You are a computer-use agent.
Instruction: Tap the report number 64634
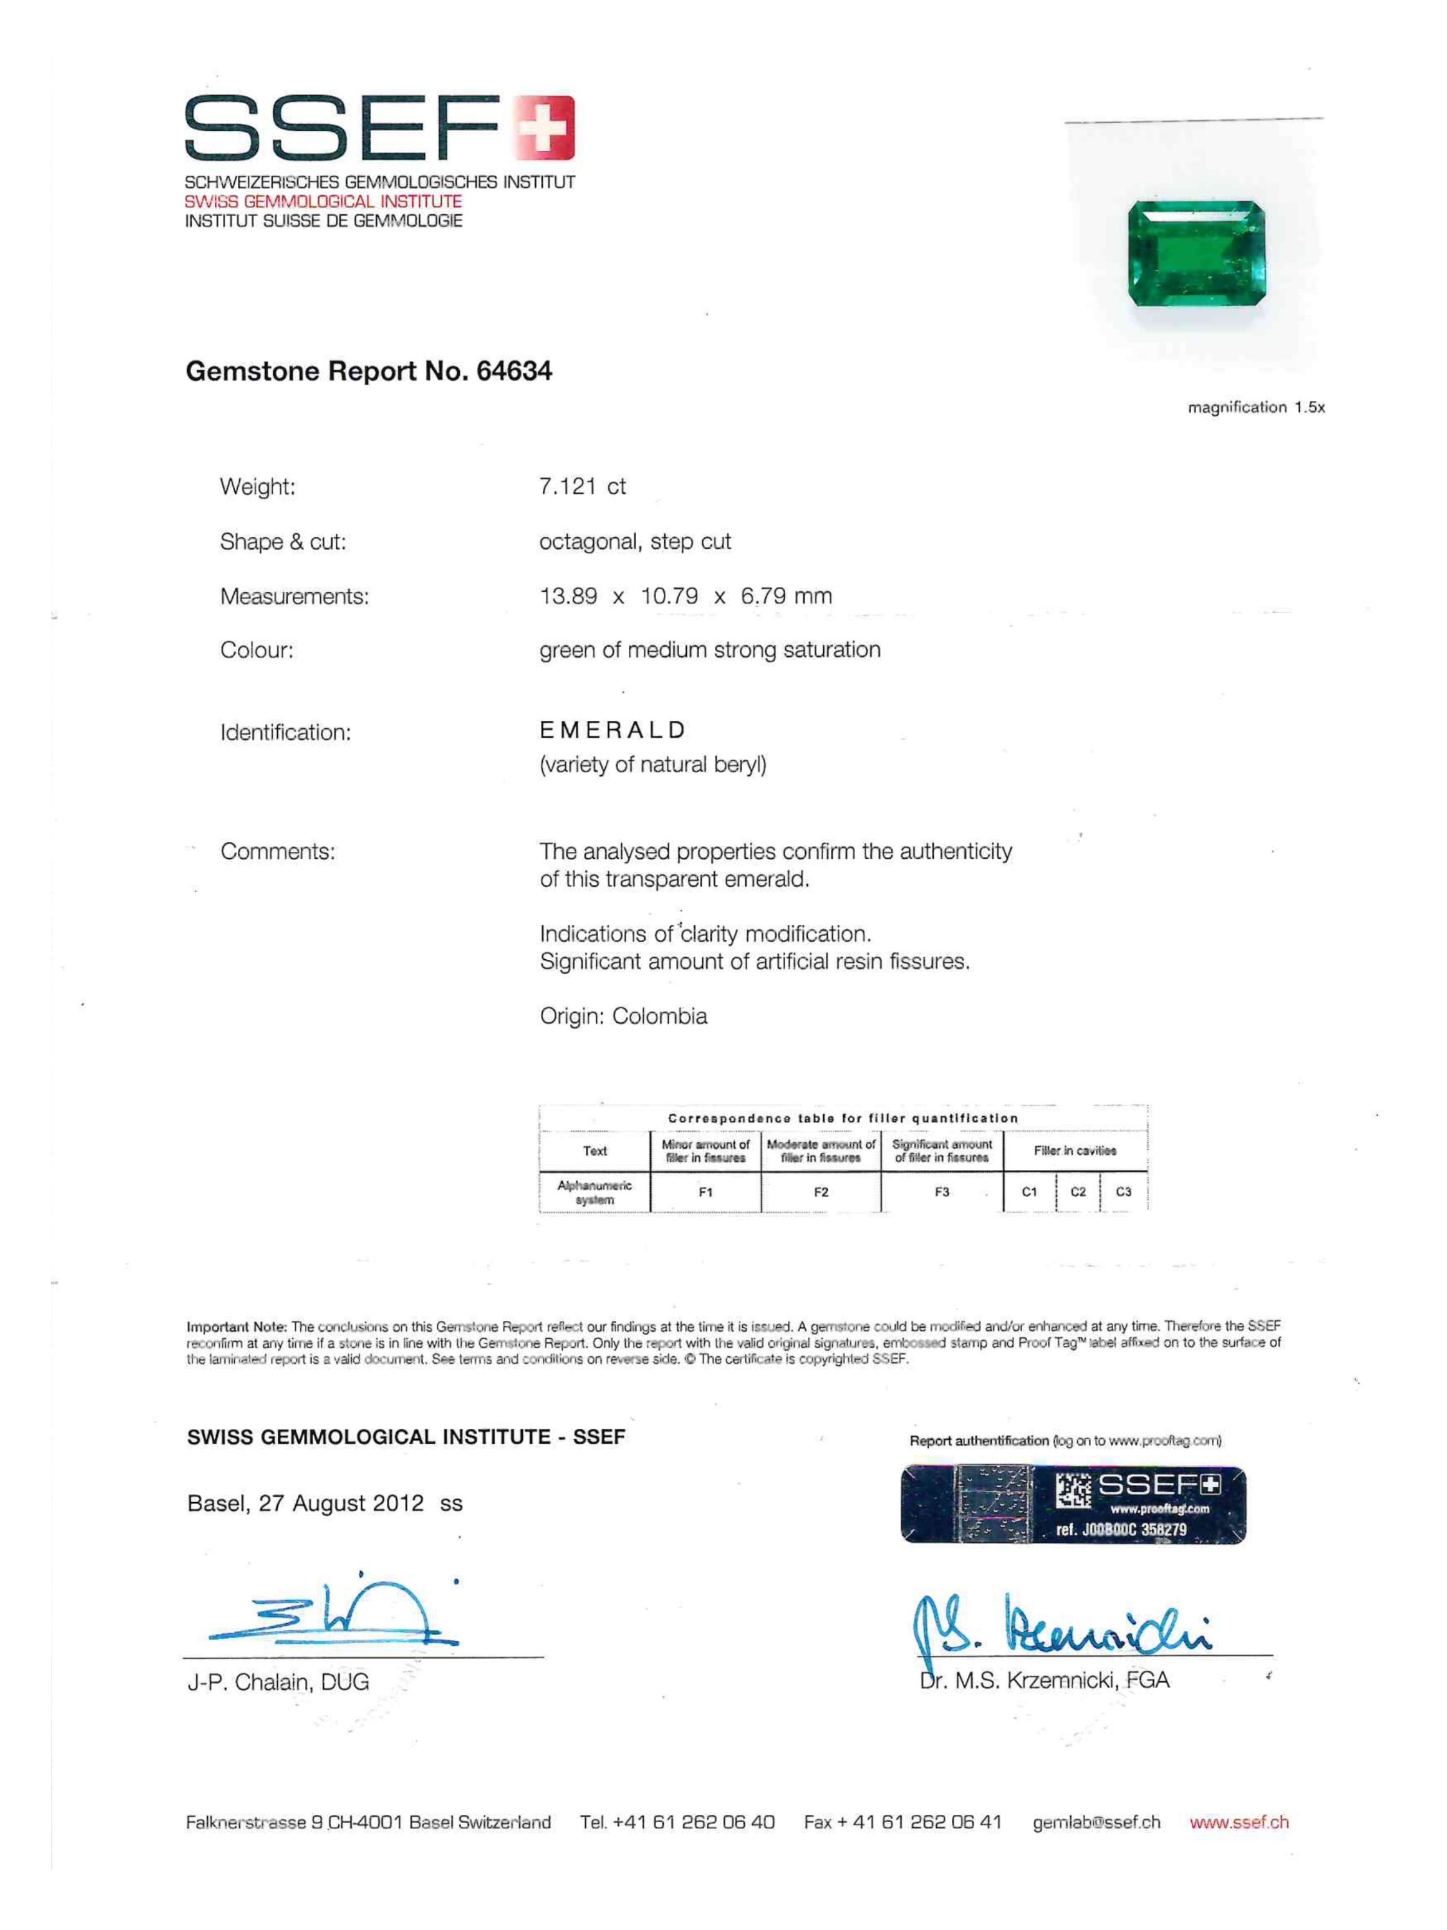click(x=514, y=372)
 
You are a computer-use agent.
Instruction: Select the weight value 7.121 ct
click(x=582, y=487)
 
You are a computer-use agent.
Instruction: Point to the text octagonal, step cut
click(x=634, y=542)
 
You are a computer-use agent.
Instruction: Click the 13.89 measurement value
click(x=568, y=597)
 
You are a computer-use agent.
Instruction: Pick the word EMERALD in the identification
click(x=612, y=730)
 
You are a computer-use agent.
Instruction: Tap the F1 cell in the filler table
click(x=705, y=1192)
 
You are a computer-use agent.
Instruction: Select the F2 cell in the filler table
click(x=821, y=1192)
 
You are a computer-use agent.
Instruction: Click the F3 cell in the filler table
click(x=942, y=1192)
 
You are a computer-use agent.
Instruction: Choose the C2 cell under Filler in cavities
click(x=1078, y=1192)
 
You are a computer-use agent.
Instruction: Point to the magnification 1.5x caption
click(x=1255, y=407)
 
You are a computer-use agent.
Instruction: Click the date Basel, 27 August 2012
click(x=305, y=1503)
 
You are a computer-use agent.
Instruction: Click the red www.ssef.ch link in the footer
click(x=1239, y=1822)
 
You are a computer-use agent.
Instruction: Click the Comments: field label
click(x=277, y=852)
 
